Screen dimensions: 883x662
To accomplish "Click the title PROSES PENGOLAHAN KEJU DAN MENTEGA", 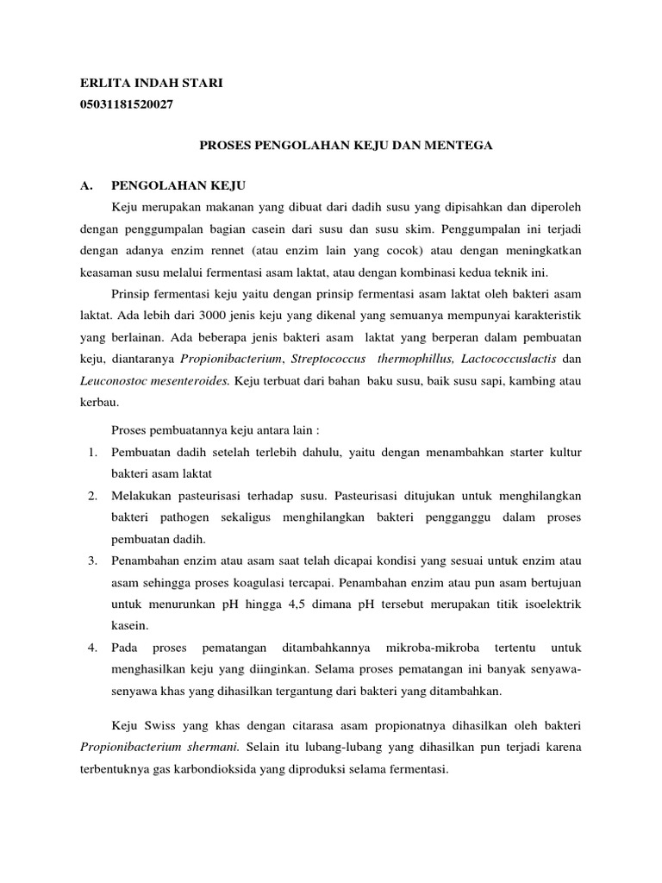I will click(346, 147).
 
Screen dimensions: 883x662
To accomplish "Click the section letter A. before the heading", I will click(85, 185).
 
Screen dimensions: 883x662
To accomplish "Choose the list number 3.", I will click(92, 561).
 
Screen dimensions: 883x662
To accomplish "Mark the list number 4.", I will click(92, 647).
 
